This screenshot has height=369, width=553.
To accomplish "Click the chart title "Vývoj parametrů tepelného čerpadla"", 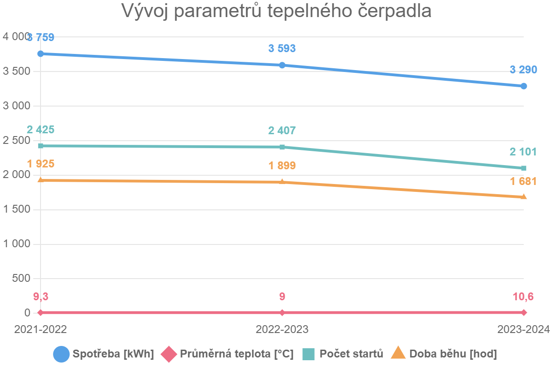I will point(276,11).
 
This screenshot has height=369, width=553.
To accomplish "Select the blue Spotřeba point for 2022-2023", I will point(282,65).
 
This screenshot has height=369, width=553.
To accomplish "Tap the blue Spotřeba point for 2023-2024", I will point(524,86).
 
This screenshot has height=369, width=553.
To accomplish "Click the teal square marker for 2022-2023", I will point(282,147).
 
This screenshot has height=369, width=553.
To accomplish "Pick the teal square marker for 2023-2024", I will point(524,168).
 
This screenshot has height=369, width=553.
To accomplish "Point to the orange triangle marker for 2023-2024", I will point(524,197).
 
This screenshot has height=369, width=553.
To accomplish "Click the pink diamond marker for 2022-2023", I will point(282,312).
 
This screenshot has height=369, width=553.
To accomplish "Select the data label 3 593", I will point(282,48).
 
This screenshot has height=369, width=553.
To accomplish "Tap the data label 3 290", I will point(524,70).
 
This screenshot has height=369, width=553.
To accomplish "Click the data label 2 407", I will point(282,131).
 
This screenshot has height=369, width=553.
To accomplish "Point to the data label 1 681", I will point(524,181).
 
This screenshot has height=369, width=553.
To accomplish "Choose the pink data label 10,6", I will point(524,297).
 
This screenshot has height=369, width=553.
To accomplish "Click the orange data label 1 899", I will point(282,166).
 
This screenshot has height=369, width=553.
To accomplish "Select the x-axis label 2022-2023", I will point(282,329).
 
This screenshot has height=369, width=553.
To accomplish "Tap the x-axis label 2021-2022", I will point(41,329).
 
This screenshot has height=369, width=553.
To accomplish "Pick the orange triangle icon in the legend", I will point(398,354).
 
